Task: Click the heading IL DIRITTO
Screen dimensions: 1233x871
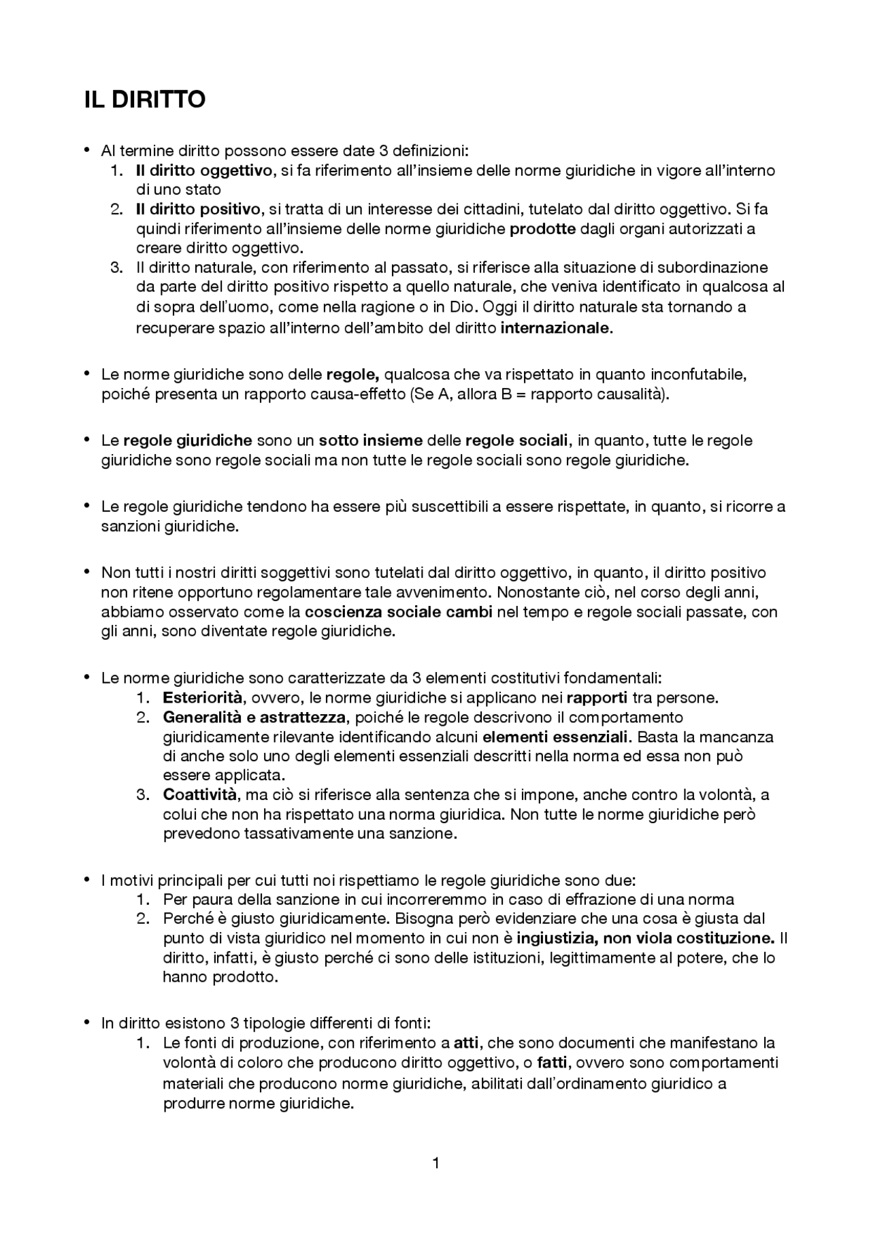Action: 144,99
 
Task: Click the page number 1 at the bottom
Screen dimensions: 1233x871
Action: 435,1162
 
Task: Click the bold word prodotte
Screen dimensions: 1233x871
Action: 542,229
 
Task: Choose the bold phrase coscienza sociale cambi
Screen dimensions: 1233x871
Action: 399,611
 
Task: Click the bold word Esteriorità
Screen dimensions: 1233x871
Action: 202,698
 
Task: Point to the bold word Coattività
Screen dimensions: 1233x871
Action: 200,795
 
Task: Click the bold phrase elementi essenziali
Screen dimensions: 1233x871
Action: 557,737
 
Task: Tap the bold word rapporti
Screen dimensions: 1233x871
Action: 597,698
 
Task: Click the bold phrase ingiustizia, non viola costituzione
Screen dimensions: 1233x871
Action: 645,938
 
